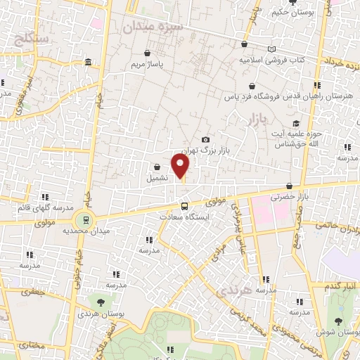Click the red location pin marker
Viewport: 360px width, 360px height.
pos(181,167)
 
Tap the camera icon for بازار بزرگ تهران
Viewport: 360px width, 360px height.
pos(205,140)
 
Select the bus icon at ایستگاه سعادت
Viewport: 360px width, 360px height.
pos(184,206)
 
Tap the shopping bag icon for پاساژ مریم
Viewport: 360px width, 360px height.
pos(147,53)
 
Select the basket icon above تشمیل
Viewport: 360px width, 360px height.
pos(156,167)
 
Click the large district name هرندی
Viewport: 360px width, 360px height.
pos(234,290)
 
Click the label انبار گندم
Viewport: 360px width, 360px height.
pos(337,287)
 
